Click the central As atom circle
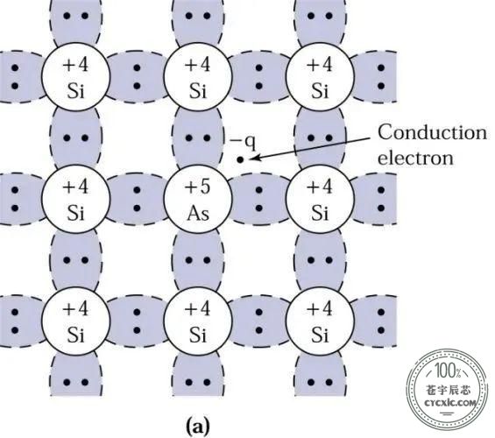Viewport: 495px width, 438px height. point(198,199)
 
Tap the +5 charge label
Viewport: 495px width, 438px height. point(197,187)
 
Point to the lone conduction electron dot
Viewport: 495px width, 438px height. point(240,160)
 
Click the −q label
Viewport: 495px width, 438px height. point(243,142)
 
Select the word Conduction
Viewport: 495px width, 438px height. point(432,132)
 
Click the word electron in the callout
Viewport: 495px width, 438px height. point(415,157)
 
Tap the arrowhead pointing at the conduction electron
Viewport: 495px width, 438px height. point(255,157)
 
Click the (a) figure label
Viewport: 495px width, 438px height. point(198,427)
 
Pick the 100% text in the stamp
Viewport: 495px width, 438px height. point(448,371)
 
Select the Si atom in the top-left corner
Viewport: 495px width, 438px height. point(75,77)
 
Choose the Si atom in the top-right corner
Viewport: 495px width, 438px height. point(320,77)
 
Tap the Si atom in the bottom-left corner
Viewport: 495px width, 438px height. point(75,321)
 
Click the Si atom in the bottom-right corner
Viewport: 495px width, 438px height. point(320,321)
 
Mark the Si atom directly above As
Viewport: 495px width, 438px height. point(198,77)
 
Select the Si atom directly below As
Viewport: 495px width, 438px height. point(198,321)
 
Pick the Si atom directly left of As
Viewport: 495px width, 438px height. point(75,199)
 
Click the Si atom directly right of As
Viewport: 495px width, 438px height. point(320,199)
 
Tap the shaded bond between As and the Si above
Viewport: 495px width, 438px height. point(198,138)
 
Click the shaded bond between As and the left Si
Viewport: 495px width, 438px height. point(137,199)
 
